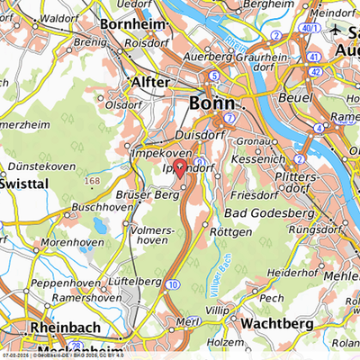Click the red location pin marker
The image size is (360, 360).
tap(179, 167)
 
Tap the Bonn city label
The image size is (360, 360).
tap(212, 103)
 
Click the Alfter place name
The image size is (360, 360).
tap(150, 81)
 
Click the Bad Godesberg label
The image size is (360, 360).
tap(270, 212)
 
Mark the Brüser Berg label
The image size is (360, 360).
tap(148, 194)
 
